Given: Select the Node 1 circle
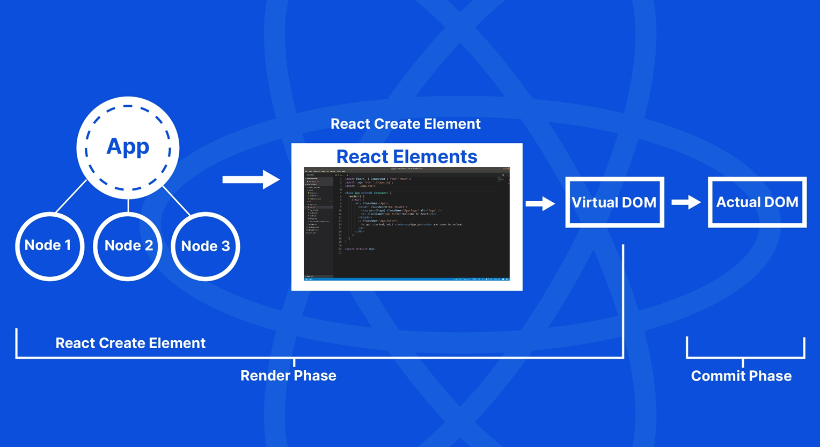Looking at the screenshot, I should [x=49, y=246].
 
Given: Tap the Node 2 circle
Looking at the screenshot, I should [x=128, y=246].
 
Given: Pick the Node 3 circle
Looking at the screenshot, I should [x=206, y=246].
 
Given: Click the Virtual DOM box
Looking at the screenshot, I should [x=614, y=202].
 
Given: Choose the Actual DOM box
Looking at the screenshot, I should [x=757, y=202].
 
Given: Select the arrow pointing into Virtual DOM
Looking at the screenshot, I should [x=540, y=203].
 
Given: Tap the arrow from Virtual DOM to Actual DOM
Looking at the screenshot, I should [x=686, y=202].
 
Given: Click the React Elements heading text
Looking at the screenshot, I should [x=407, y=157].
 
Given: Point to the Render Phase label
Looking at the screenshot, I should [x=288, y=376].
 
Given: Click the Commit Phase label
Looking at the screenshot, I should [x=741, y=376].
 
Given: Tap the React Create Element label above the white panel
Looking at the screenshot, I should [x=405, y=124].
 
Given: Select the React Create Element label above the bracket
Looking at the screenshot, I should [x=130, y=343].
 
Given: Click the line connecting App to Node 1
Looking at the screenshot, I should [x=71, y=196].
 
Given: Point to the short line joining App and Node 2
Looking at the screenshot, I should [x=128, y=206].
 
